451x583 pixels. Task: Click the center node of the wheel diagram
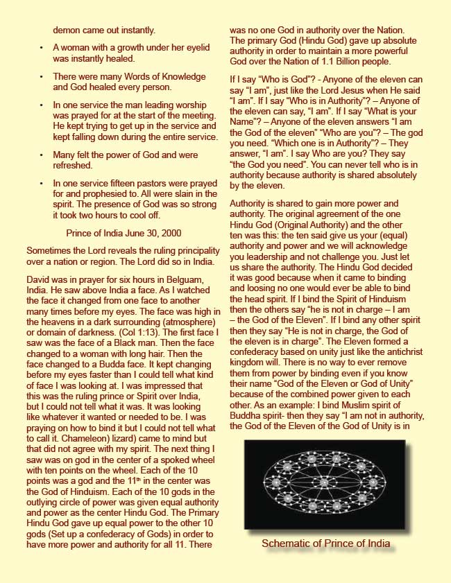(x=325, y=480)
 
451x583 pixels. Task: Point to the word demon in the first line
(x=69, y=31)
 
